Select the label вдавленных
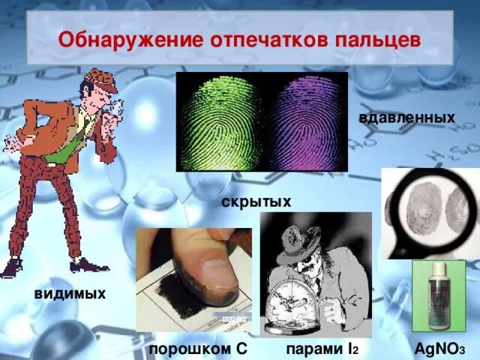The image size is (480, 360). click(x=407, y=118)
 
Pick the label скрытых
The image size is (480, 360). click(x=256, y=202)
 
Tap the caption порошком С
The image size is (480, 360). click(x=197, y=350)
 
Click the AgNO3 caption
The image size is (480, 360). click(x=440, y=350)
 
